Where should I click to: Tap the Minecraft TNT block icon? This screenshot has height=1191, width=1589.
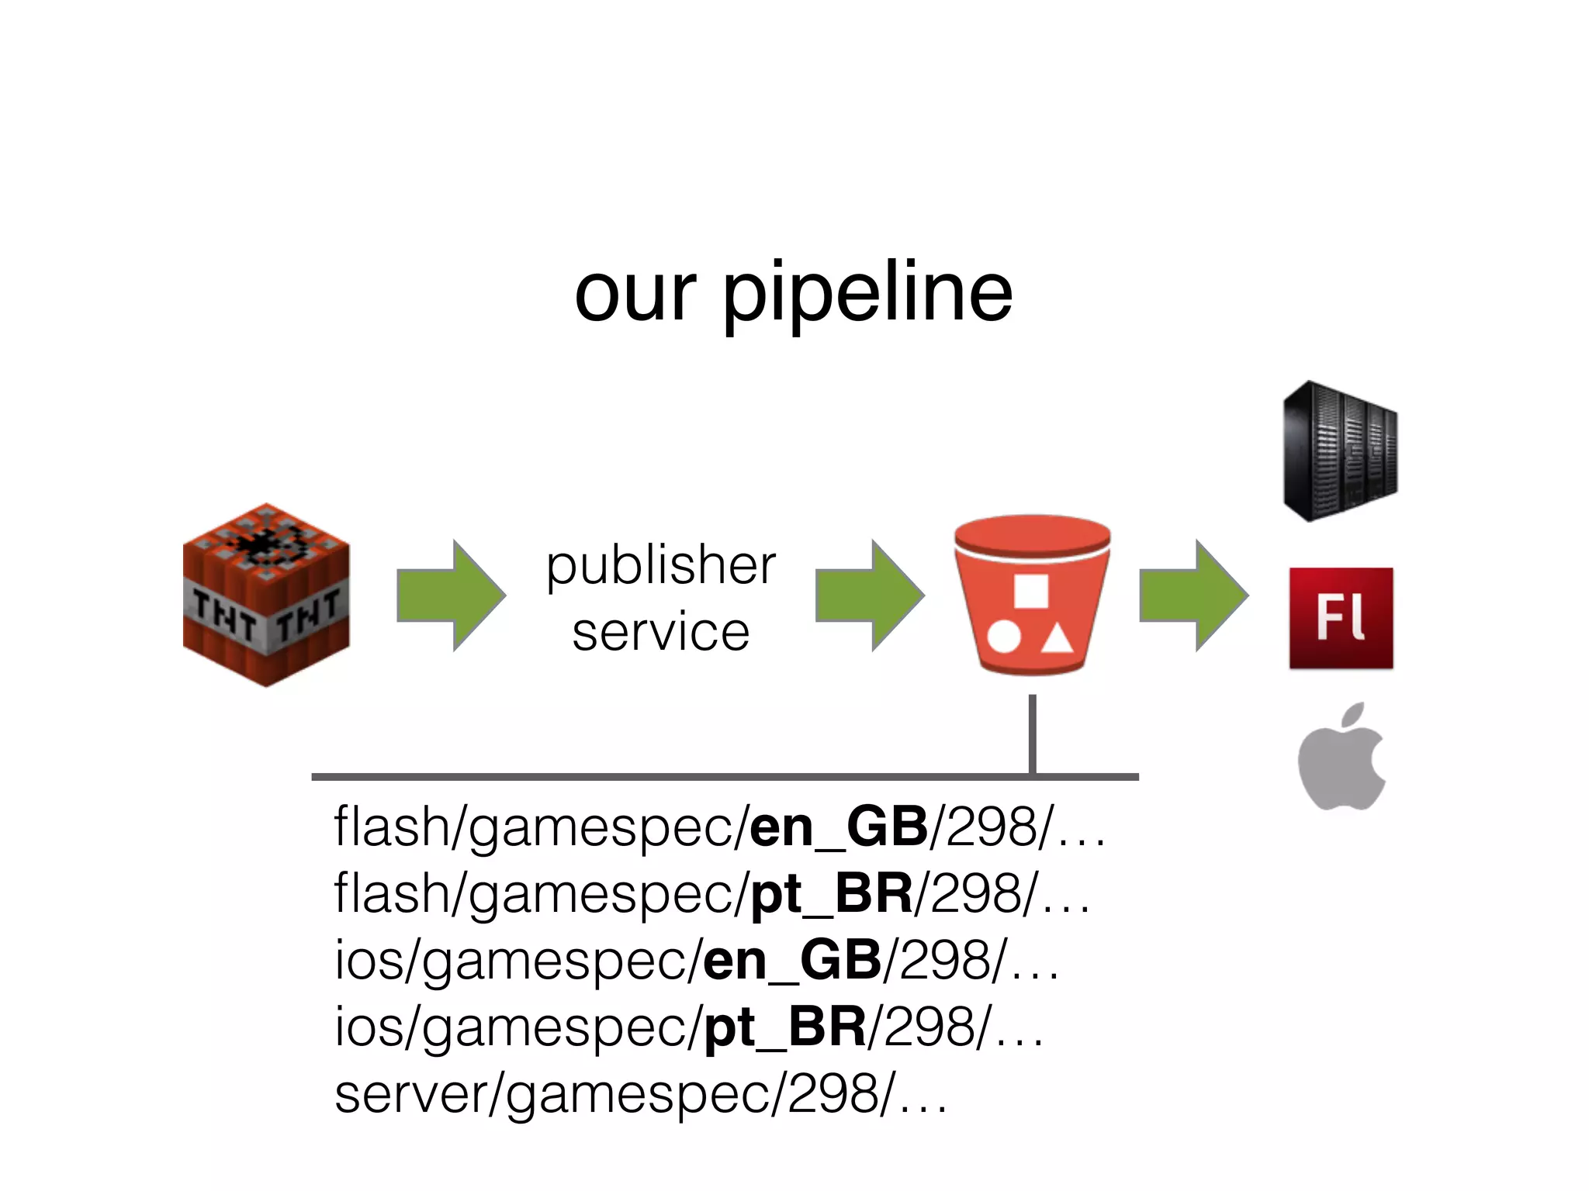click(x=266, y=595)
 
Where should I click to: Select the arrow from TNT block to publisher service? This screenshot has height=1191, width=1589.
click(x=450, y=595)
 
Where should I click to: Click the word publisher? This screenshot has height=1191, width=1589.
click(x=660, y=566)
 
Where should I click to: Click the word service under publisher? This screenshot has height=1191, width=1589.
click(x=660, y=632)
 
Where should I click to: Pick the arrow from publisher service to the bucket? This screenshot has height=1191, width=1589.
click(x=869, y=595)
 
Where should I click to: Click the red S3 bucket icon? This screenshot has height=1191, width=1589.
click(x=1032, y=595)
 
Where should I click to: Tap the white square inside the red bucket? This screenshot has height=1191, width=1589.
click(x=1031, y=592)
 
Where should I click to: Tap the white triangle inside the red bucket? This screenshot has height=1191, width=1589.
click(x=1056, y=640)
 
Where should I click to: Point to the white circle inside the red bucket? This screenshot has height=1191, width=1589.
click(x=1004, y=637)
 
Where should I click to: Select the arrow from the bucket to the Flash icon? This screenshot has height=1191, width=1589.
click(x=1193, y=595)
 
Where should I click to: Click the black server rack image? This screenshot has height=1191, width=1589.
click(x=1340, y=451)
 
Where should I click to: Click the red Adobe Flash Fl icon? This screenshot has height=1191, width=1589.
click(x=1341, y=618)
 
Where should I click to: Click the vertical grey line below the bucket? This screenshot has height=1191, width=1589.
click(x=1032, y=733)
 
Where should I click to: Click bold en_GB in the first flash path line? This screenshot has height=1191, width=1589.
click(x=838, y=827)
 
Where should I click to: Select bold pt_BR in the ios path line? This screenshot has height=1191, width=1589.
click(x=784, y=1027)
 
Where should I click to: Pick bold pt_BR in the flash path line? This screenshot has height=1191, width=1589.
click(x=831, y=894)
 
